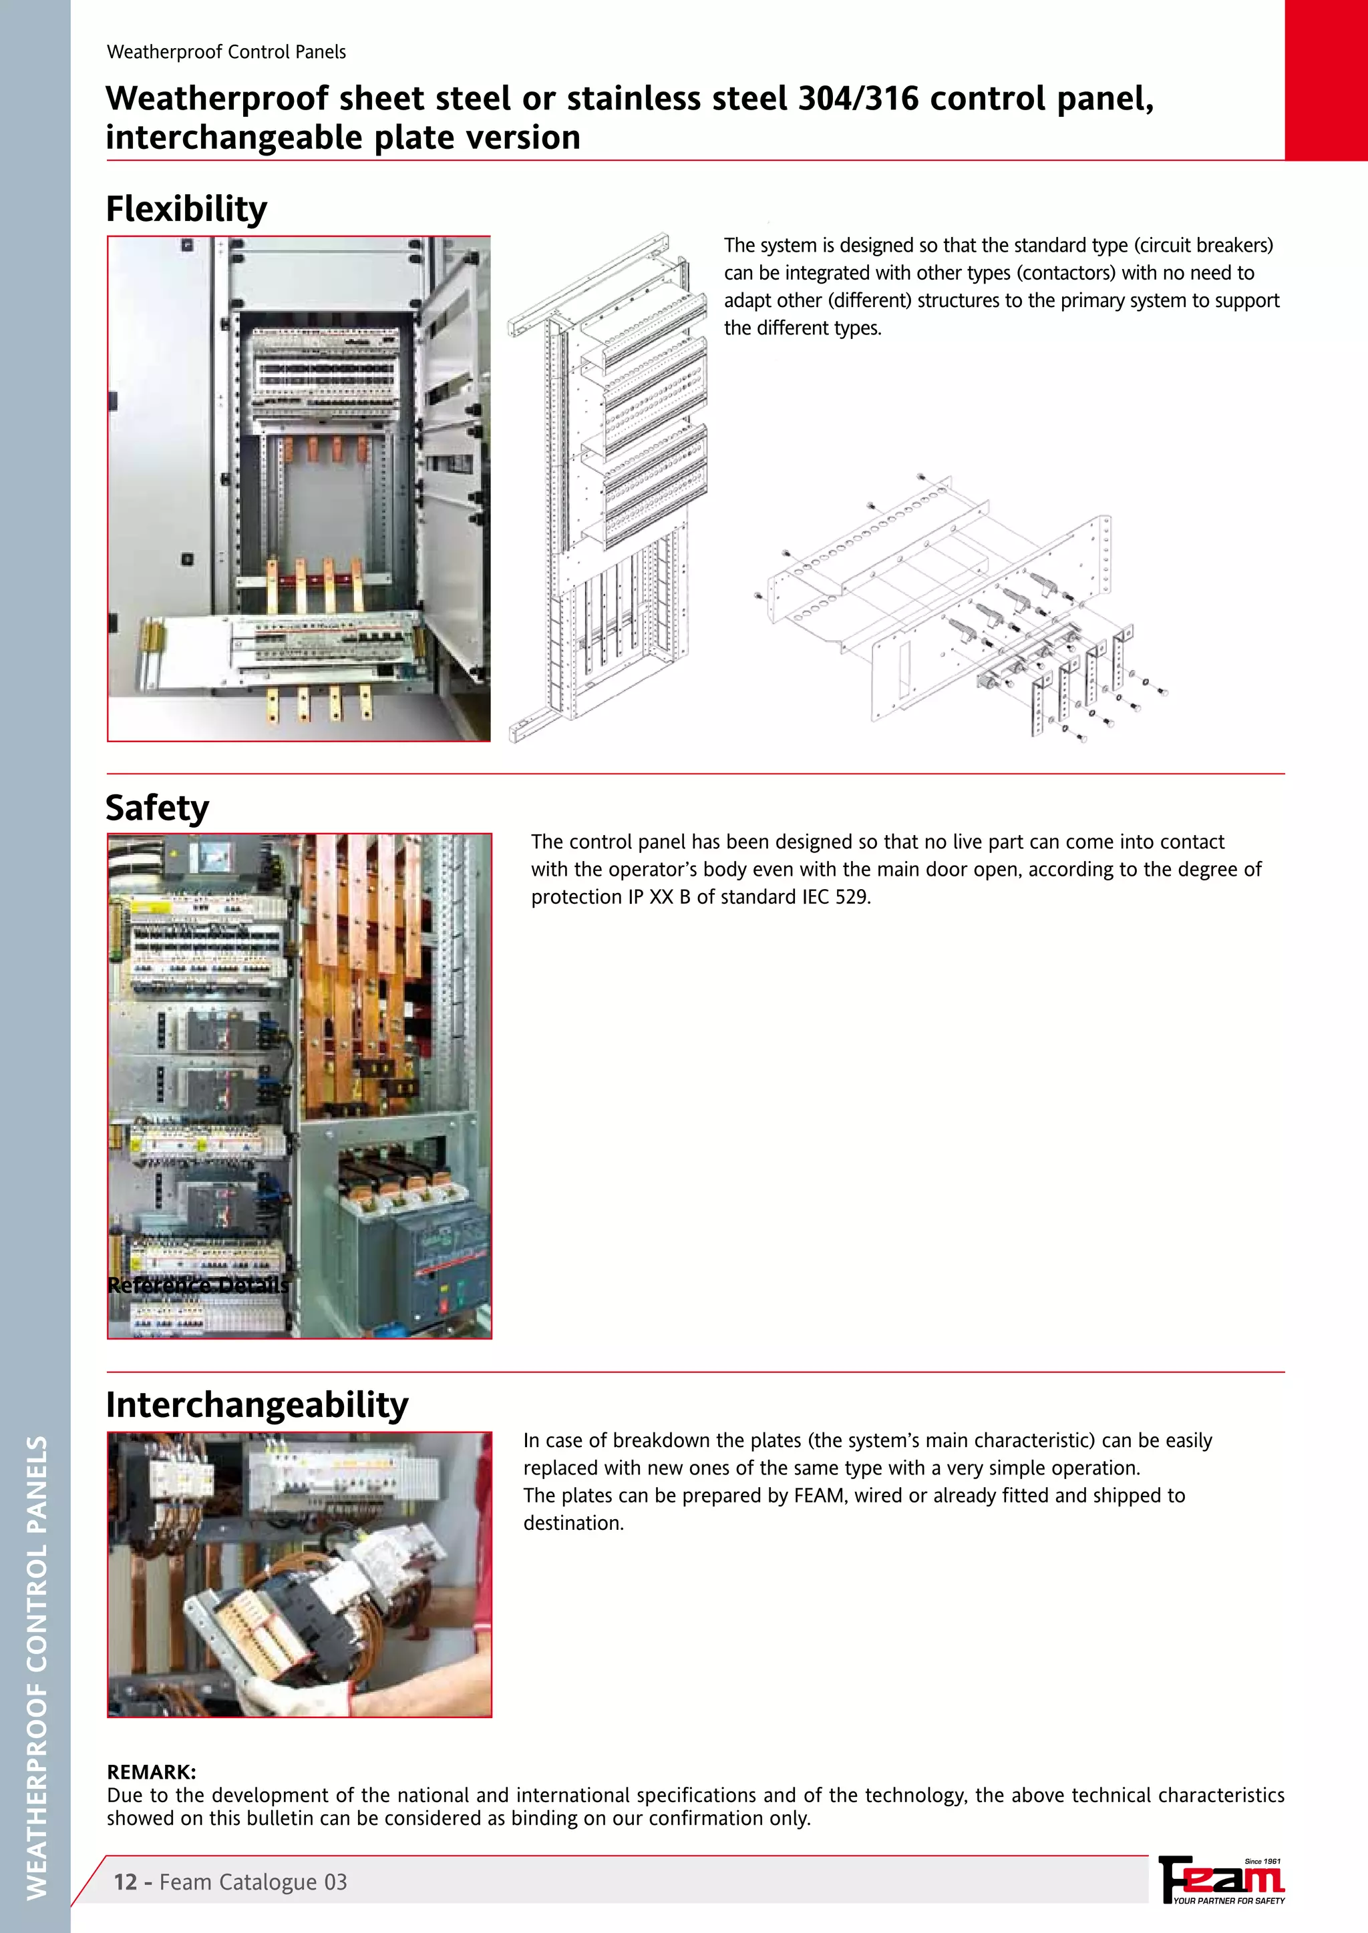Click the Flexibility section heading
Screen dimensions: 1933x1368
click(186, 209)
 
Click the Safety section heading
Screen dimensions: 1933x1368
click(157, 808)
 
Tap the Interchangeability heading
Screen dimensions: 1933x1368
click(257, 1405)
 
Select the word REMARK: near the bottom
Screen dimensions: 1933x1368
click(152, 1771)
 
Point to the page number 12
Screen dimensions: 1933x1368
click(125, 1882)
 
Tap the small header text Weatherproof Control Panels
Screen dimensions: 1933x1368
click(226, 52)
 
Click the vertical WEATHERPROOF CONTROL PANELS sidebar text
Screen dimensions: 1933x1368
click(35, 1667)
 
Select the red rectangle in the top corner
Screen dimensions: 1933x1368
click(1325, 80)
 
